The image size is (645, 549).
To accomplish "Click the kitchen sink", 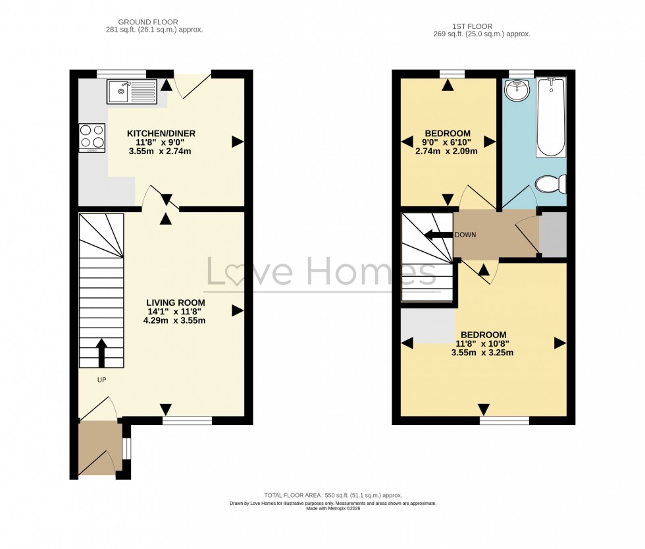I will tap(132, 92).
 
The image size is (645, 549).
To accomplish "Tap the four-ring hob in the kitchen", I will tap(92, 138).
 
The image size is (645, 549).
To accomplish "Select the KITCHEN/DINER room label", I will tap(161, 133).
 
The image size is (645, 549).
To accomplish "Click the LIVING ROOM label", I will tap(176, 303).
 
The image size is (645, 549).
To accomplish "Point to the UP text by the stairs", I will tap(101, 380).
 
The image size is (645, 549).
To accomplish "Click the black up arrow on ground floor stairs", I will tap(101, 353).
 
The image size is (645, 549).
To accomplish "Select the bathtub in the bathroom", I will tap(551, 117).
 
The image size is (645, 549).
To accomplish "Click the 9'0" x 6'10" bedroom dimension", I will tap(447, 141).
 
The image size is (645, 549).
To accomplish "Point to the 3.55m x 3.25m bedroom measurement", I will tap(482, 353).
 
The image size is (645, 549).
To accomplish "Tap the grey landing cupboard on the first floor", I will tap(553, 235).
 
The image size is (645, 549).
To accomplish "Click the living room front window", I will tap(187, 420).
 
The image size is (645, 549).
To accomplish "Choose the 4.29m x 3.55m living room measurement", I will tap(176, 321).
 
